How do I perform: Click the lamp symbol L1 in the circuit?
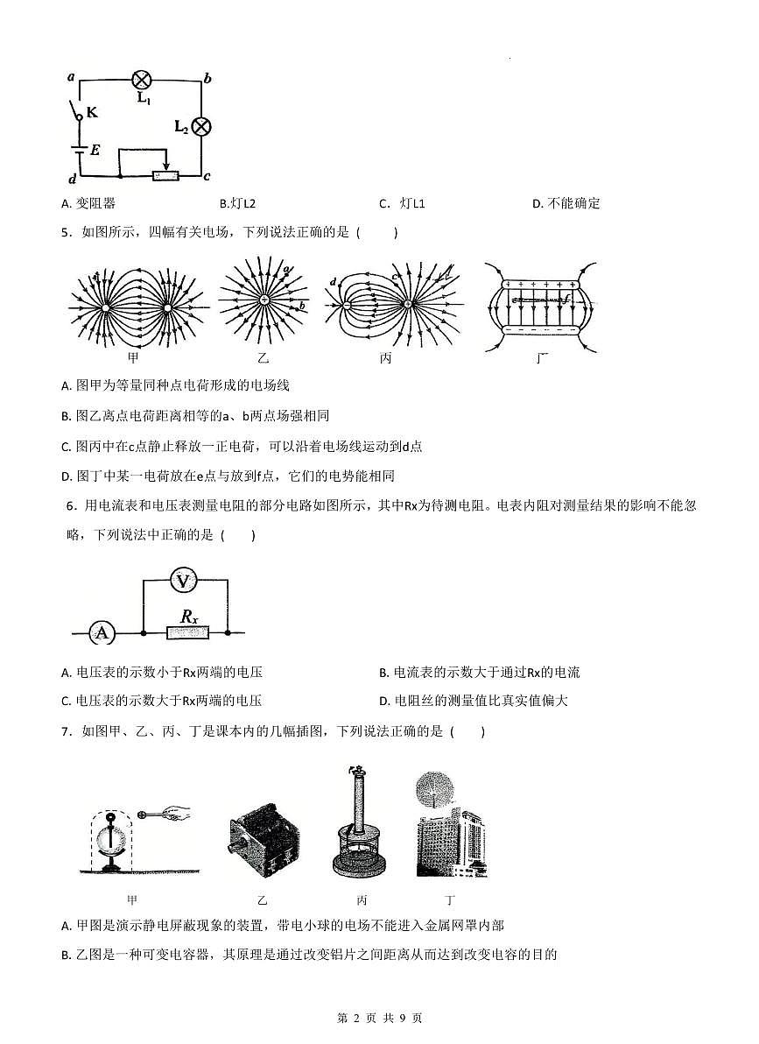click(142, 80)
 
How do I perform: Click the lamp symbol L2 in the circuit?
click(202, 126)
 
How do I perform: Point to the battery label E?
click(95, 151)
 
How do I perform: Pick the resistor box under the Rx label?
click(189, 632)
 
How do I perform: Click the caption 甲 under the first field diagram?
click(133, 357)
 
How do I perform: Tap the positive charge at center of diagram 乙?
click(264, 300)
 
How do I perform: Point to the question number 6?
click(69, 505)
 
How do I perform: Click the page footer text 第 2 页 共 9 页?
click(379, 1018)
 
